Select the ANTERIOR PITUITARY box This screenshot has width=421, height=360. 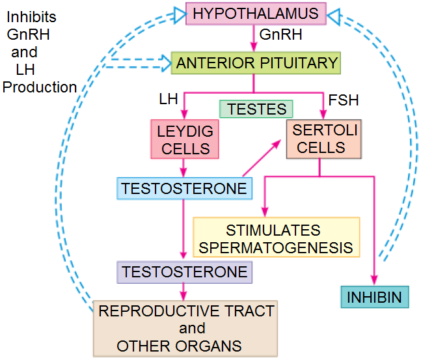pyautogui.click(x=256, y=63)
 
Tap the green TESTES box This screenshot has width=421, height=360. pyautogui.click(x=256, y=108)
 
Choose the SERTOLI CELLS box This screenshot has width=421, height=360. pyautogui.click(x=323, y=139)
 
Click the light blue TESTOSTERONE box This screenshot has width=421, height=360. pyautogui.click(x=184, y=188)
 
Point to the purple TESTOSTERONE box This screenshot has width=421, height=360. pyautogui.click(x=185, y=271)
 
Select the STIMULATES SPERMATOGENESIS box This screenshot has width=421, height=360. pyautogui.click(x=277, y=239)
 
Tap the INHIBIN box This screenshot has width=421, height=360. pyautogui.click(x=376, y=298)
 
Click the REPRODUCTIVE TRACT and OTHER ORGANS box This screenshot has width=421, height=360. pyautogui.click(x=185, y=328)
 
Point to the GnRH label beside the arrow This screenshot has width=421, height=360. pyautogui.click(x=276, y=33)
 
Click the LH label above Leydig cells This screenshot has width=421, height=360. pyautogui.click(x=169, y=100)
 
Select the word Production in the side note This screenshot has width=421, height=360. pyautogui.click(x=40, y=87)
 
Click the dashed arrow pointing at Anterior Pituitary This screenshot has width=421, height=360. pyautogui.click(x=137, y=64)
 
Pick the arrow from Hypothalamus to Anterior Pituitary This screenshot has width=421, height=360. pyautogui.click(x=252, y=38)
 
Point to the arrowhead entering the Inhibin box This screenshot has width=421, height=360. pyautogui.click(x=376, y=281)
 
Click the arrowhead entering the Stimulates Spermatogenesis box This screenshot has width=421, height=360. pyautogui.click(x=264, y=212)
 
